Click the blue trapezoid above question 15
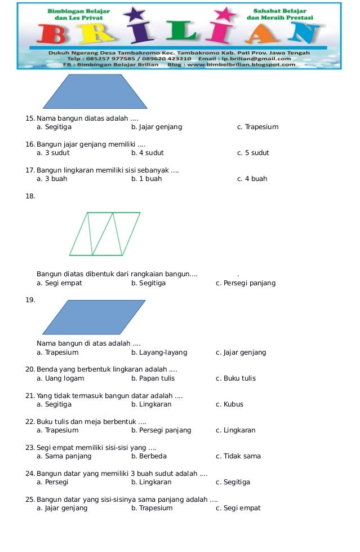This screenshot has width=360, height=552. pos(95,91)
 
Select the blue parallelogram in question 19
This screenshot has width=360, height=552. pos(94,317)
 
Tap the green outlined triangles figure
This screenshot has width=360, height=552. pos(105,233)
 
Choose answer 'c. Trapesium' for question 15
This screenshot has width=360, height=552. pos(257,127)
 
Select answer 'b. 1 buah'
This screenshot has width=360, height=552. pos(146,179)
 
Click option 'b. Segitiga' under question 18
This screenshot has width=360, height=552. pos(148,283)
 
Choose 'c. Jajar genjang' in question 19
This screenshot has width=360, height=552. pos(241,352)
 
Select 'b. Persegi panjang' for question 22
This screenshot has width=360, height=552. pos(161,430)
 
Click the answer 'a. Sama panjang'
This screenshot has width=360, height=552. pos(64,456)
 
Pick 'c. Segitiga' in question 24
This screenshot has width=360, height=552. pos(233,482)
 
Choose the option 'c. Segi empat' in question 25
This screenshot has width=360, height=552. pos(238,508)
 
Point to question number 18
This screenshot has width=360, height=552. pos(30,196)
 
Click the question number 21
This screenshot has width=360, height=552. pos(30,396)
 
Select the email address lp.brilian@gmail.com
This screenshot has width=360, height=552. pos(264,58)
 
